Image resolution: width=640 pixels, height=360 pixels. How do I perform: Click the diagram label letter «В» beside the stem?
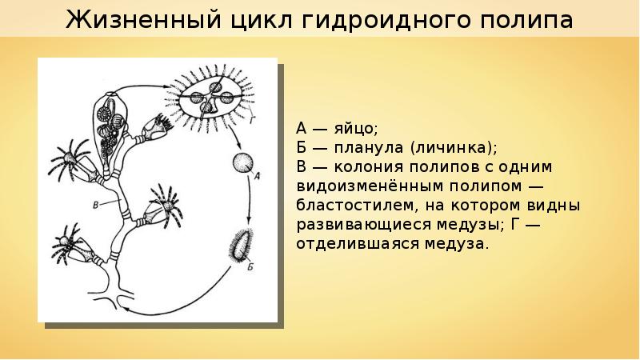pos(96,206)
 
